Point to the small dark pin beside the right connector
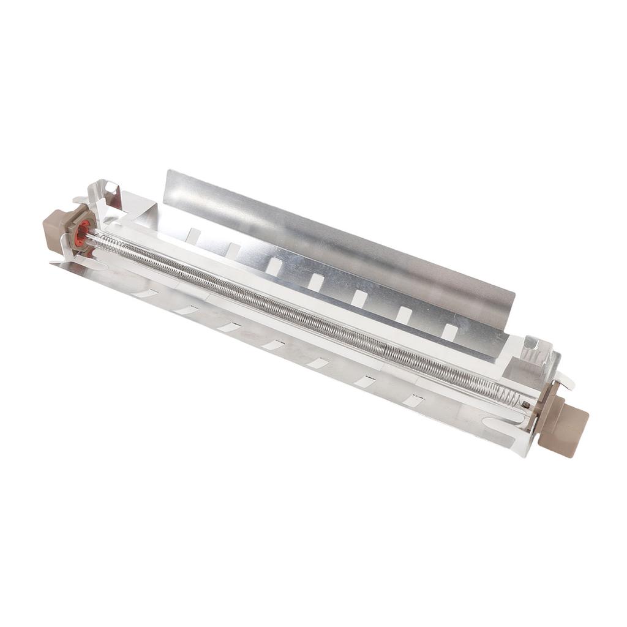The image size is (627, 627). tap(525, 404)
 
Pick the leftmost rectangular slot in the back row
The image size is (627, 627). tap(193, 236)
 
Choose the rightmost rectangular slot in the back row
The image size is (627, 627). tap(450, 332)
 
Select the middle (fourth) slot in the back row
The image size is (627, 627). tap(316, 282)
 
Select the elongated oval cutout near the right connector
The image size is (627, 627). tap(499, 422)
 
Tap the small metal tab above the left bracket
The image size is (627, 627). tap(80, 200)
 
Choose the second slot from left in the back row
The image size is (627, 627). tap(233, 250)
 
